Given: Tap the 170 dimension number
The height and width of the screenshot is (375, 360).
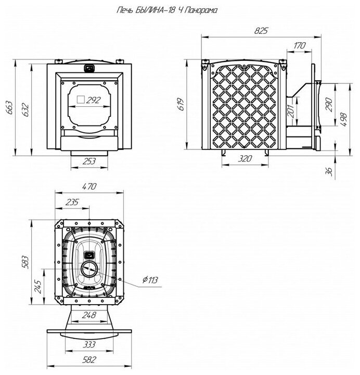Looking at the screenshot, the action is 299,46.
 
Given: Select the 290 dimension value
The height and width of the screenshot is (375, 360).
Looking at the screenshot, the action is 329,104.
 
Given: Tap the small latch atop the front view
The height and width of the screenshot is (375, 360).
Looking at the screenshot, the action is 89,67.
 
